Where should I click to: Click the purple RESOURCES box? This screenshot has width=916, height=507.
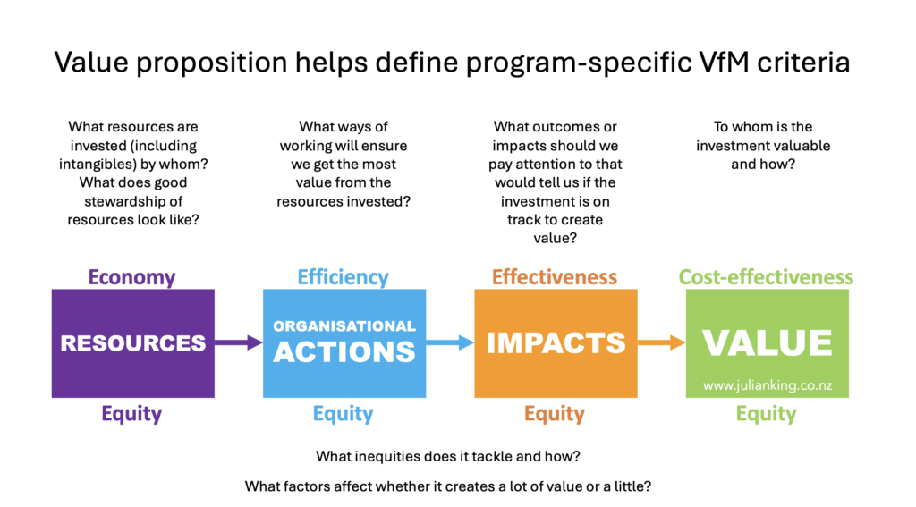click(133, 343)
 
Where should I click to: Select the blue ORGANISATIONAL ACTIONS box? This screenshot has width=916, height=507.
click(344, 343)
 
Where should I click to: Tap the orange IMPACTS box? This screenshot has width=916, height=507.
click(556, 343)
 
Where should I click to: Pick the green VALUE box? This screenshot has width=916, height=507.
click(767, 343)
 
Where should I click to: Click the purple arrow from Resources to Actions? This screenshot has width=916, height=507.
click(239, 342)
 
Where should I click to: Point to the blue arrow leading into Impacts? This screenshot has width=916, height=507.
click(450, 342)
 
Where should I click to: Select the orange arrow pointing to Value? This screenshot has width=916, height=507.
click(661, 342)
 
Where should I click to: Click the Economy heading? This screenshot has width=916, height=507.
click(132, 277)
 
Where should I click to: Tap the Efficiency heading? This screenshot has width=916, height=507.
click(343, 277)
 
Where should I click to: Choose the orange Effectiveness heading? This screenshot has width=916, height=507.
click(555, 277)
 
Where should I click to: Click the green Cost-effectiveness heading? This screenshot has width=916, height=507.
click(766, 277)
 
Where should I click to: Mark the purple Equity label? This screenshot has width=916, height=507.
click(132, 413)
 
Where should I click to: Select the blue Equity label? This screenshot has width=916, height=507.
click(343, 413)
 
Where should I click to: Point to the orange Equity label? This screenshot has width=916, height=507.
click(555, 413)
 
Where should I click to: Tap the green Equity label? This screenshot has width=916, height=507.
click(766, 413)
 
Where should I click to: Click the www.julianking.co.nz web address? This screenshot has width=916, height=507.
click(767, 385)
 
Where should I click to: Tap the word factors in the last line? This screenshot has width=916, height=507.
click(305, 486)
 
